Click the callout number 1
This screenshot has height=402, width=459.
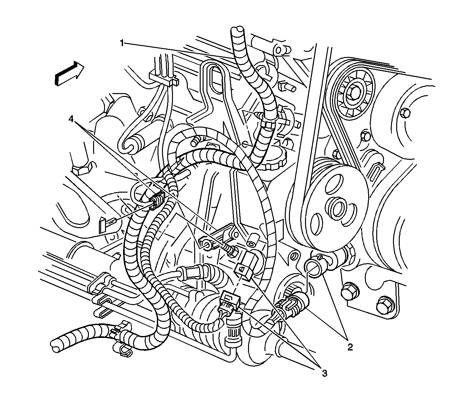pyautogui.click(x=122, y=43)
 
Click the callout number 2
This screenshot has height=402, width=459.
pyautogui.click(x=350, y=347)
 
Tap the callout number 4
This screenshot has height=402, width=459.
pyautogui.click(x=71, y=119)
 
